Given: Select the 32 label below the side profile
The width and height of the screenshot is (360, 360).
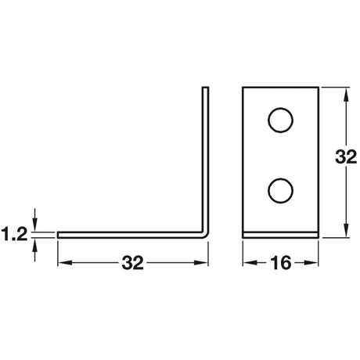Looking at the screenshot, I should pyautogui.click(x=133, y=263).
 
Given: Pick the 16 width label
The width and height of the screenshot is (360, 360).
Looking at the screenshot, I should pyautogui.click(x=280, y=263).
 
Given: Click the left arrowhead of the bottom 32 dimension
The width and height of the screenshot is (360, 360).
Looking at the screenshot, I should pyautogui.click(x=62, y=263).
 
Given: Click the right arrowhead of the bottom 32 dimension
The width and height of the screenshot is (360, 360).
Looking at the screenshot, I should pyautogui.click(x=205, y=263).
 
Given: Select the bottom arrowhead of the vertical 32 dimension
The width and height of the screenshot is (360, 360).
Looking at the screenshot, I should pyautogui.click(x=345, y=232).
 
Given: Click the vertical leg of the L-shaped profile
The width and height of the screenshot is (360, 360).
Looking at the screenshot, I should pyautogui.click(x=207, y=157).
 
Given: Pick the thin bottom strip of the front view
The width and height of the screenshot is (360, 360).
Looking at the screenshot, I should pyautogui.click(x=280, y=232).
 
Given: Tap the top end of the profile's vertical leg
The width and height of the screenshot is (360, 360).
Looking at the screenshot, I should pyautogui.click(x=207, y=88).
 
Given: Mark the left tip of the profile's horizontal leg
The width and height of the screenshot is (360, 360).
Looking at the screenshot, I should pyautogui.click(x=59, y=233).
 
